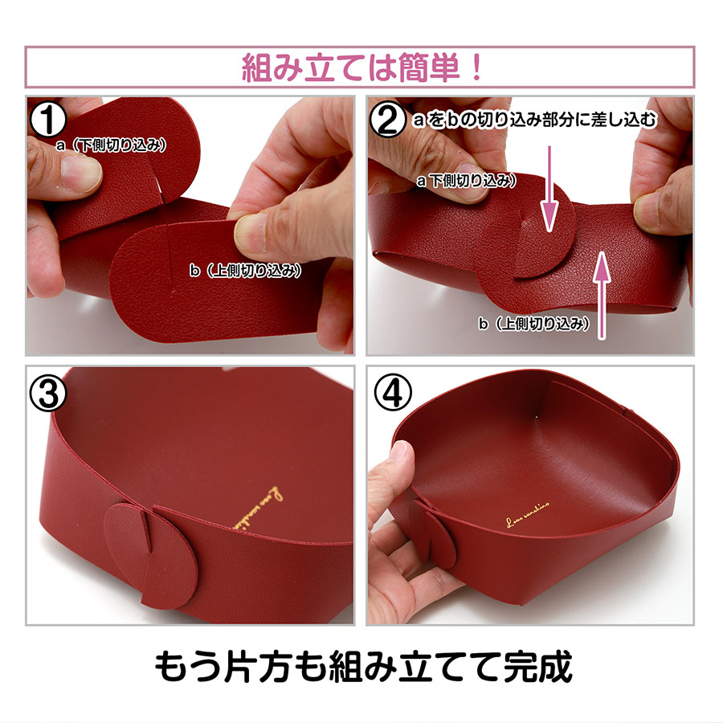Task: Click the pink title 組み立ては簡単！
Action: pos(361,67)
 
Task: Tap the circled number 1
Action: pos(49,120)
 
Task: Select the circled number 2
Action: pos(388,120)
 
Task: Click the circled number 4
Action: pos(390,391)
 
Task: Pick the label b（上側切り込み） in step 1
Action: pos(245,272)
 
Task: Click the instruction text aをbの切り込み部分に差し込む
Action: pos(533,121)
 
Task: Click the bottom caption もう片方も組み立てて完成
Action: pos(362,666)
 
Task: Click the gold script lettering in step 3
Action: pos(252,507)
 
